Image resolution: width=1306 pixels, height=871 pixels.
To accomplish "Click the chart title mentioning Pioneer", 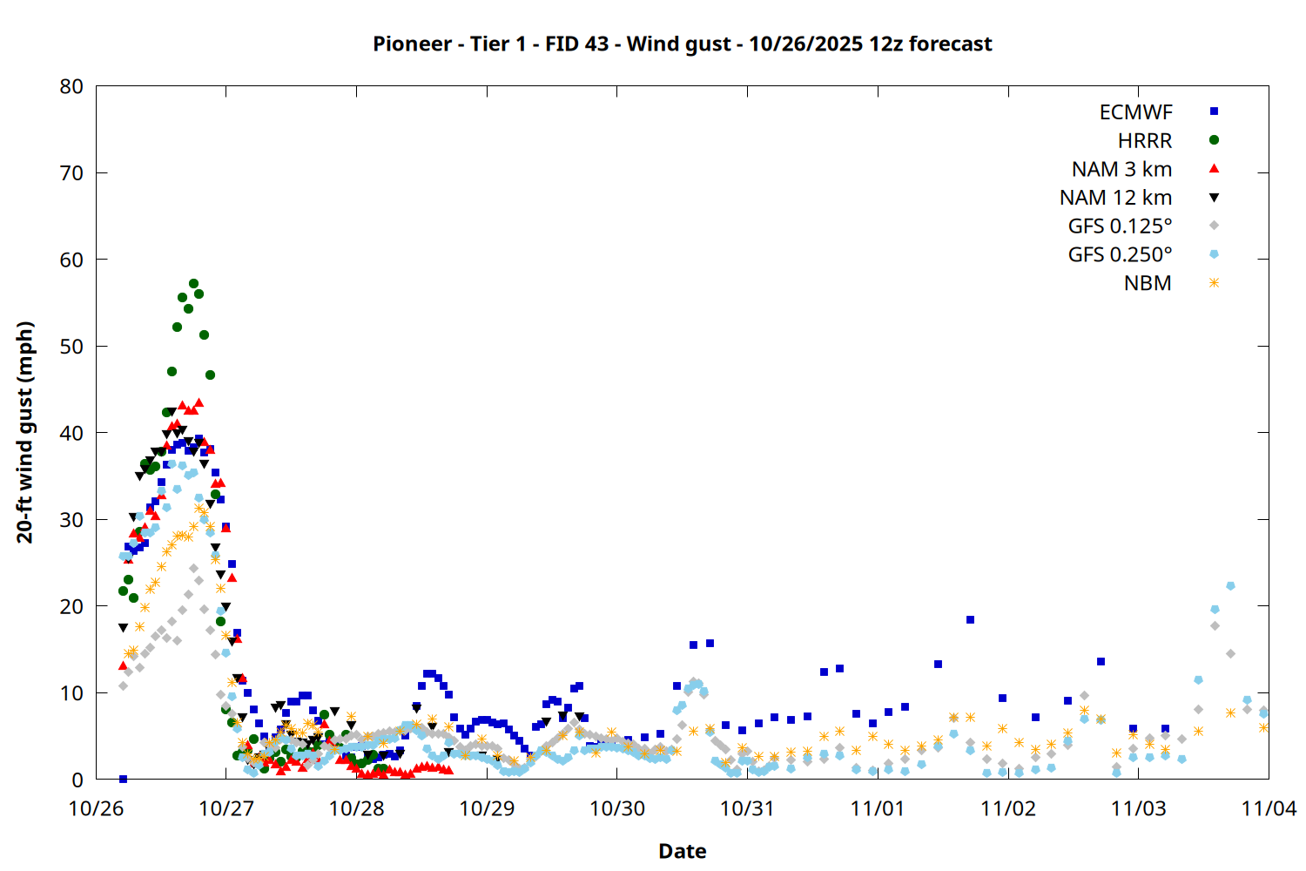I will point(682,44).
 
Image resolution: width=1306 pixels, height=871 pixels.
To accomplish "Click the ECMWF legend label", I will point(1135,112).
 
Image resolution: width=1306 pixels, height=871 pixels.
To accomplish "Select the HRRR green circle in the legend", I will point(1214,140).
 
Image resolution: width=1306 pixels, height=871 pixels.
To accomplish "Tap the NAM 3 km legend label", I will point(1121,169).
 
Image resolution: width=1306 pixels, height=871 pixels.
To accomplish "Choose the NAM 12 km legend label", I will point(1115,198).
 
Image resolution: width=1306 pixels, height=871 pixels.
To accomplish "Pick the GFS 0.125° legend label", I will point(1120,226).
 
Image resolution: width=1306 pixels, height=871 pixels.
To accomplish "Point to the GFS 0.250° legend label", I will point(1120,255).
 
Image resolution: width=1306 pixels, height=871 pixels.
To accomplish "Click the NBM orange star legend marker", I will point(1214,283).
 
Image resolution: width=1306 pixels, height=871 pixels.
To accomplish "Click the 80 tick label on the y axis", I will point(72,86).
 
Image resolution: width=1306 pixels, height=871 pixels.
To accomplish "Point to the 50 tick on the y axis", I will point(72,347).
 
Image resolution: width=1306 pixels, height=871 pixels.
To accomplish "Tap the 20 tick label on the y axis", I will point(72,606).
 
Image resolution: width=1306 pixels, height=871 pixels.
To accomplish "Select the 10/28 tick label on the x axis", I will point(356,808).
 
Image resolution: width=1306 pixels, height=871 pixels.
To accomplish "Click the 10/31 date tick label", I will point(747,808).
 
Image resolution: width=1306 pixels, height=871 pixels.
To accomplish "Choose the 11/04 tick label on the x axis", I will point(1268,808).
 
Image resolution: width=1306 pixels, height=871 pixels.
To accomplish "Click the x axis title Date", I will point(682,851).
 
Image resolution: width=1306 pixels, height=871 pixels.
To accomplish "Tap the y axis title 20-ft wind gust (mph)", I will point(25,432).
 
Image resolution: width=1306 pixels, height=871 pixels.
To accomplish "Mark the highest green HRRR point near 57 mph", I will point(193,284).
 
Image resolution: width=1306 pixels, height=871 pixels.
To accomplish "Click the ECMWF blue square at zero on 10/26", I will point(123,779).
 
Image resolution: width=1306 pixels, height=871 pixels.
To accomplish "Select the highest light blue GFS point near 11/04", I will point(1230,586).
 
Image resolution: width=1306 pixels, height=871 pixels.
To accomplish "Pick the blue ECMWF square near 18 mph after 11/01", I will point(970,620).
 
